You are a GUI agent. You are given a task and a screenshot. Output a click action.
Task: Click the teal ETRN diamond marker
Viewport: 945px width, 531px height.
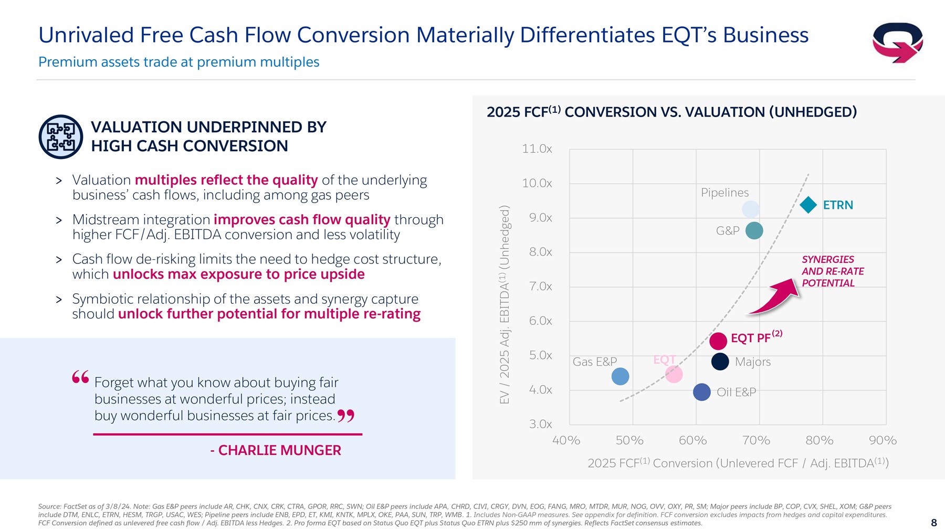(x=808, y=205)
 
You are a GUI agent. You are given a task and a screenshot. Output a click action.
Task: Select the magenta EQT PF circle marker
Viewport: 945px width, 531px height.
(x=718, y=341)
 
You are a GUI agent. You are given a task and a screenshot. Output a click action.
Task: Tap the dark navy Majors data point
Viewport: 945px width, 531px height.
(x=720, y=362)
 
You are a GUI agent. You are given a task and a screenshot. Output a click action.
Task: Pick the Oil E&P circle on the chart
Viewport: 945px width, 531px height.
(x=702, y=392)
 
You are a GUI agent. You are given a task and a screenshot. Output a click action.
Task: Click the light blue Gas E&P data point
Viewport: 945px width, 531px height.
(x=620, y=376)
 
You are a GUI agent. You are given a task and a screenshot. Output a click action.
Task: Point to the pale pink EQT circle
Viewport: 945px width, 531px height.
(x=674, y=374)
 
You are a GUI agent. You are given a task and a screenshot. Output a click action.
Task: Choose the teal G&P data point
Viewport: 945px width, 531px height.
(x=754, y=230)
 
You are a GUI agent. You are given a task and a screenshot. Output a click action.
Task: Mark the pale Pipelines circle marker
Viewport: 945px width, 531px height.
(x=751, y=209)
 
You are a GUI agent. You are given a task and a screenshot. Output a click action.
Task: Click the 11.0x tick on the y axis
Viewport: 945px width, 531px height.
(x=537, y=149)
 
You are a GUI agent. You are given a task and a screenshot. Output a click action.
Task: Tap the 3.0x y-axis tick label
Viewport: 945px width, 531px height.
(x=540, y=424)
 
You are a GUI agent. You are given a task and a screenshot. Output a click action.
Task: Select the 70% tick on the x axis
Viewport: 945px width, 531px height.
(x=756, y=441)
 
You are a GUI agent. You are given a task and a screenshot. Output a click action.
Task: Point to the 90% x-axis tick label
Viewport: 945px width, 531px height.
(x=883, y=441)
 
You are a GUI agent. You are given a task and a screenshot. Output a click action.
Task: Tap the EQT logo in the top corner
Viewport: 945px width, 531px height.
(x=897, y=43)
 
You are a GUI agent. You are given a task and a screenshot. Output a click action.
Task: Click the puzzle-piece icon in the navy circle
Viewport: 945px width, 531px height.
(x=61, y=136)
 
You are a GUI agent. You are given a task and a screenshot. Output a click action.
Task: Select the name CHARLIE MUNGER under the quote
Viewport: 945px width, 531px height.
(x=279, y=450)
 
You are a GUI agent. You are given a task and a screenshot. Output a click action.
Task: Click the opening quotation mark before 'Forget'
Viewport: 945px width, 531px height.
(x=80, y=377)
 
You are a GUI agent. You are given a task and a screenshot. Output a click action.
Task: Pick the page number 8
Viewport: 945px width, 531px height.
(x=933, y=523)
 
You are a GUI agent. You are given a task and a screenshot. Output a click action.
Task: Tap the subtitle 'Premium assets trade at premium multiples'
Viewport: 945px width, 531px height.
(x=178, y=62)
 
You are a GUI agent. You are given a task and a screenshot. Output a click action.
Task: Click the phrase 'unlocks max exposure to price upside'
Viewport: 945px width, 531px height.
(x=238, y=274)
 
